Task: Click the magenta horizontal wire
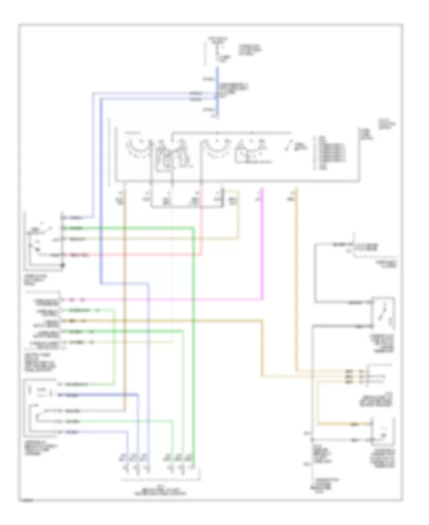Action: click(167, 300)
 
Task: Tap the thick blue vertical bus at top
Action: click(217, 91)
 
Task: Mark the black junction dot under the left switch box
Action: click(63, 276)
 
